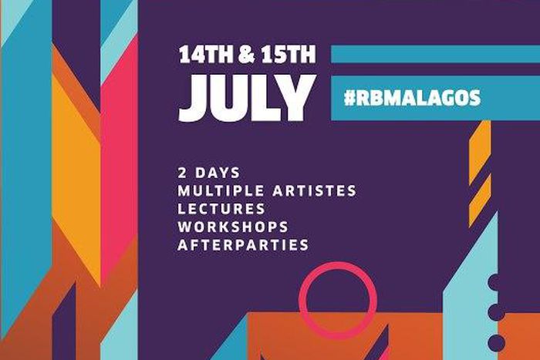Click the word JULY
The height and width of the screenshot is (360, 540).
242,99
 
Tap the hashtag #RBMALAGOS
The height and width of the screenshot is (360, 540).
413,98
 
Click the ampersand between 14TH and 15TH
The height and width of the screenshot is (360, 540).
245,56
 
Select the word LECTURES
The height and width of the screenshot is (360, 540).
221,208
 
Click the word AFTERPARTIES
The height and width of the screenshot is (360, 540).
243,245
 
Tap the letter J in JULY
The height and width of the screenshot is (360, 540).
191,99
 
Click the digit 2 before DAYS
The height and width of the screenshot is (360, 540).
181,171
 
